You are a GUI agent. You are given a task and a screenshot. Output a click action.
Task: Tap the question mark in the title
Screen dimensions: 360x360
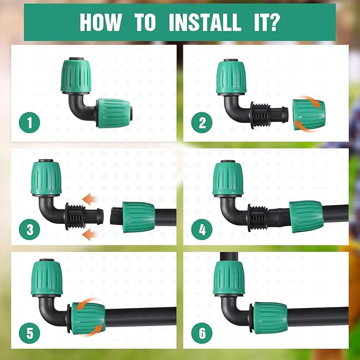[x=276, y=23]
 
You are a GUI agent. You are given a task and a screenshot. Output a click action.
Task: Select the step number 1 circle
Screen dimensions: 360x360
[x=30, y=124]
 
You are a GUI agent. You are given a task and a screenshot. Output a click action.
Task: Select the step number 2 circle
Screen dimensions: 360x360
[x=202, y=124]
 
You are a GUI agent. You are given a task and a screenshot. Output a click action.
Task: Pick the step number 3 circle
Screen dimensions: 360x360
[x=30, y=230]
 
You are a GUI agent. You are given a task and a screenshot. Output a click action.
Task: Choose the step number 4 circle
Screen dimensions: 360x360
[x=202, y=230]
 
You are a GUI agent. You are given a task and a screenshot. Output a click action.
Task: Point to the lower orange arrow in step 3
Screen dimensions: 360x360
[x=92, y=232]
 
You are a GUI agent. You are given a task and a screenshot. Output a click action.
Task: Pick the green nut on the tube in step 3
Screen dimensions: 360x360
[x=138, y=216]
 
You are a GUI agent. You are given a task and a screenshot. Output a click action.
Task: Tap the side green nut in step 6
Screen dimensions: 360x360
[x=270, y=318]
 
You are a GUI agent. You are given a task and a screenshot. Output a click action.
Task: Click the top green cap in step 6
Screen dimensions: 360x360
[x=229, y=277]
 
